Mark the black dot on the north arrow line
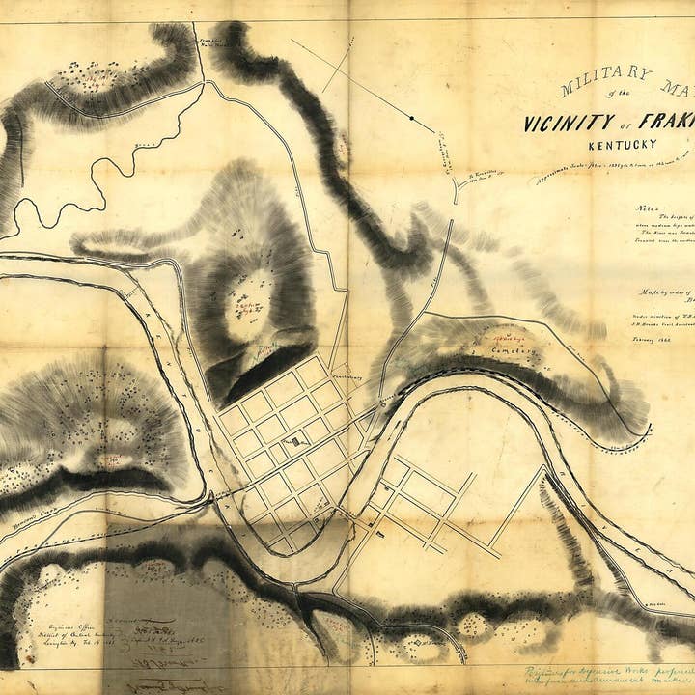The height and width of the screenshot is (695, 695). pyautogui.click(x=411, y=118)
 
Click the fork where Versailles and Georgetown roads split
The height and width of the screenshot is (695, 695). pyautogui.click(x=456, y=193)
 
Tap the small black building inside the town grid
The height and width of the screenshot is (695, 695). pyautogui.click(x=293, y=442)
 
